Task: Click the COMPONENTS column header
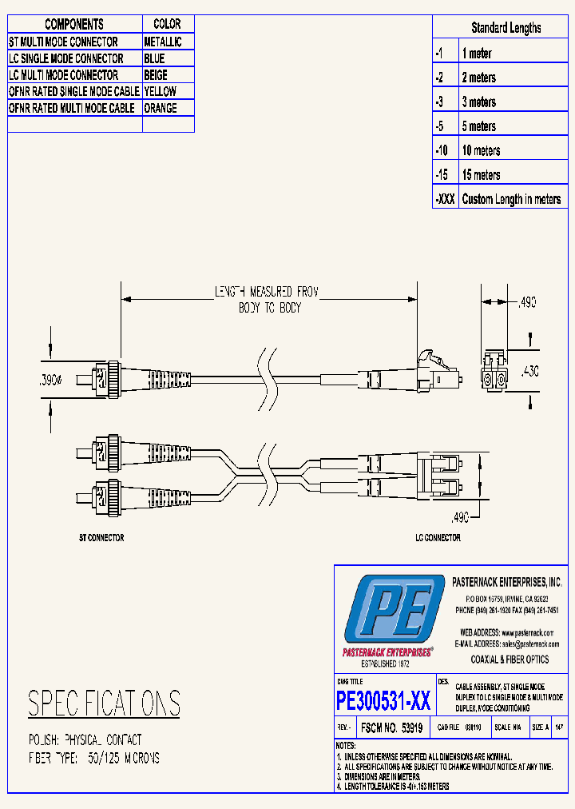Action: coord(74,24)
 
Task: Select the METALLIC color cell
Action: coord(163,42)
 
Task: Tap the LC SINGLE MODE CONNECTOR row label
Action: coord(66,58)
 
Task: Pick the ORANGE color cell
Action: coord(161,108)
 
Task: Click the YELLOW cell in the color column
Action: coord(161,91)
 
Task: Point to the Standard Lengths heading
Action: coord(506,28)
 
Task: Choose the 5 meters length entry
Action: coord(479,126)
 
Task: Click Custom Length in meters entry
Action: coord(511,199)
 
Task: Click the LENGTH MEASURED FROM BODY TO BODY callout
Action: coord(267,300)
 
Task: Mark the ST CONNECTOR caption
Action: coord(101,538)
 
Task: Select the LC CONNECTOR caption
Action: coord(438,538)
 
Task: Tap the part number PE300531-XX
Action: coord(384,701)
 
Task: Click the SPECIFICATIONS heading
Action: coord(104,703)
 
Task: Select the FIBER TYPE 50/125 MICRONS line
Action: coord(94,758)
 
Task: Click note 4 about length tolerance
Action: coord(395,787)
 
